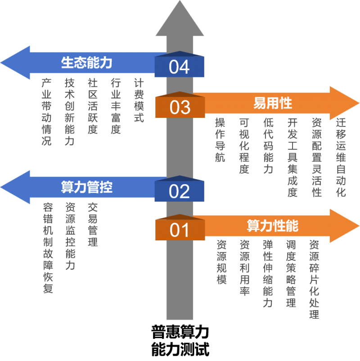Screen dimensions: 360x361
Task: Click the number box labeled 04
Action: (179, 67)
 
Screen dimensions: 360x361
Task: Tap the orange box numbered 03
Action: (180, 107)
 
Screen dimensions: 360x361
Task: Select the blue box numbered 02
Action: (179, 191)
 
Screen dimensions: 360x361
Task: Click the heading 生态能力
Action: (86, 63)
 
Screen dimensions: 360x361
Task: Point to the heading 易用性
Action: (273, 103)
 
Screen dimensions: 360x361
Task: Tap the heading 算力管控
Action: (86, 187)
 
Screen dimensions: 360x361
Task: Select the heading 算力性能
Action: (273, 226)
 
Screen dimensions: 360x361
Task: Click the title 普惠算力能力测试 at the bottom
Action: (180, 341)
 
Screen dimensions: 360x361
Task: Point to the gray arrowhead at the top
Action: (180, 18)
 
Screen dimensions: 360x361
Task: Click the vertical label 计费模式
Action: (139, 100)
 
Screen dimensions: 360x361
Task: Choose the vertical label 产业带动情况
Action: (46, 112)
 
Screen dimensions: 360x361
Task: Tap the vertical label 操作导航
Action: (220, 140)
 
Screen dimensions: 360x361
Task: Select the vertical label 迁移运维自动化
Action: (341, 158)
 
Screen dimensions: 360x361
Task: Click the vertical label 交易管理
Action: (93, 225)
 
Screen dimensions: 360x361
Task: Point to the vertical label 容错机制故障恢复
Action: (48, 248)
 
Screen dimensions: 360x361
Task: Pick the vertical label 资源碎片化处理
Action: (314, 279)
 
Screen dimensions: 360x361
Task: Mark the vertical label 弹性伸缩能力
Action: (268, 274)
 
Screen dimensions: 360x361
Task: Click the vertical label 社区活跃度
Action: (93, 106)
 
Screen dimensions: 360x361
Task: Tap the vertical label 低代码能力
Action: (268, 146)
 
